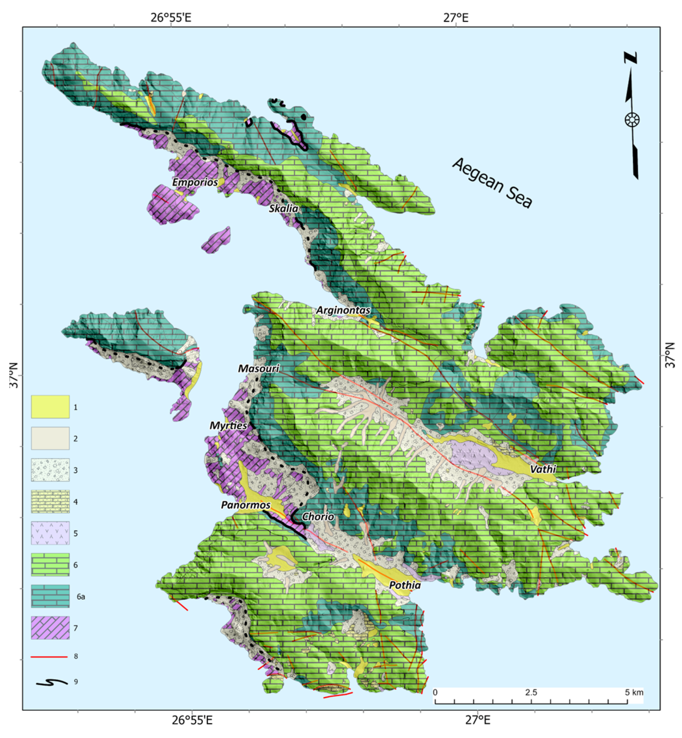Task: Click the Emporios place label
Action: coord(195,182)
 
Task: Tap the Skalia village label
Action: coord(283,208)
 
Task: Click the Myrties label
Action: coord(228,426)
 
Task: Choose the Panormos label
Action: coord(246,505)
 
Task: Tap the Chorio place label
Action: coord(318,517)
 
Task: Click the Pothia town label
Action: coord(405,586)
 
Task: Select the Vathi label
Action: coord(543,469)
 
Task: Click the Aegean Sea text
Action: coord(492,183)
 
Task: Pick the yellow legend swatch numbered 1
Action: coord(50,407)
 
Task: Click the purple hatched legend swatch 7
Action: coord(50,628)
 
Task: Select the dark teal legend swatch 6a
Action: coord(50,596)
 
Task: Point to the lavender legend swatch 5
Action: coord(50,533)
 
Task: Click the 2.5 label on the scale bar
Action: coord(531,693)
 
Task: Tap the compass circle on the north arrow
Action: coord(632,120)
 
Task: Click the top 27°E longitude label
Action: coord(456,17)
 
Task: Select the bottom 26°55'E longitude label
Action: coord(193,720)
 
